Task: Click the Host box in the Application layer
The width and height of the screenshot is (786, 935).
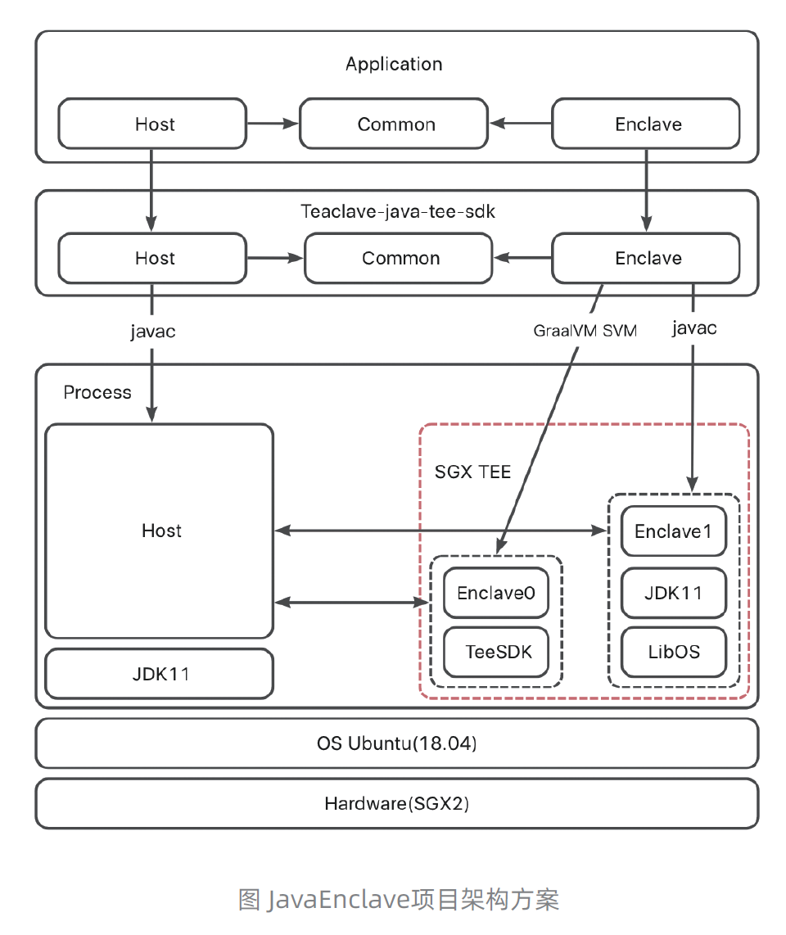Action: tap(152, 124)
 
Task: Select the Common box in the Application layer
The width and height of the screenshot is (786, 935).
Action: tap(395, 124)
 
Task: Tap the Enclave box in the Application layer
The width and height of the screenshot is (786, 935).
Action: tap(647, 124)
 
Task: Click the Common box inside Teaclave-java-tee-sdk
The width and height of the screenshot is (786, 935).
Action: tap(400, 259)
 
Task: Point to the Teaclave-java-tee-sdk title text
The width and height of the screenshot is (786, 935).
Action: tap(398, 211)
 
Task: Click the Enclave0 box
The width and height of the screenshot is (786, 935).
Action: tap(495, 593)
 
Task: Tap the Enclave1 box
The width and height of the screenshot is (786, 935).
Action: tap(673, 531)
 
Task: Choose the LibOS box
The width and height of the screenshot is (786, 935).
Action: tap(673, 653)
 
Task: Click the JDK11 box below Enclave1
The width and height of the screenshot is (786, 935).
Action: tap(673, 593)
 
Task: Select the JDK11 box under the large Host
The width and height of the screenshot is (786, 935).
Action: tap(160, 674)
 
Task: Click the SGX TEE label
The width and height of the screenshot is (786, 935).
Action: tap(472, 472)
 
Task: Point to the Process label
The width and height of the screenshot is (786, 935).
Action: tap(97, 393)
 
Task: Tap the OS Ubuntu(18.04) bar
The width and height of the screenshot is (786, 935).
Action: tap(396, 744)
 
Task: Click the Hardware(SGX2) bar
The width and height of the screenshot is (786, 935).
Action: tap(396, 803)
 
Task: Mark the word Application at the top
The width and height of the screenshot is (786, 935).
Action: tap(394, 64)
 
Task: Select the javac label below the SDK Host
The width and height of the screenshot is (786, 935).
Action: tap(153, 332)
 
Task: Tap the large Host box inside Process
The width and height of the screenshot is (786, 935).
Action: tap(160, 531)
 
